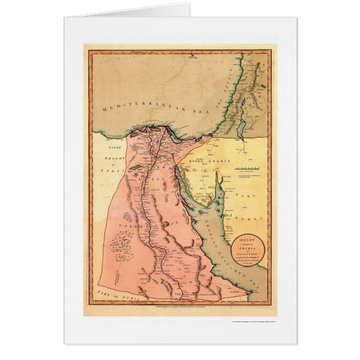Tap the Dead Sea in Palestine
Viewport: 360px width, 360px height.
[x=240, y=129]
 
